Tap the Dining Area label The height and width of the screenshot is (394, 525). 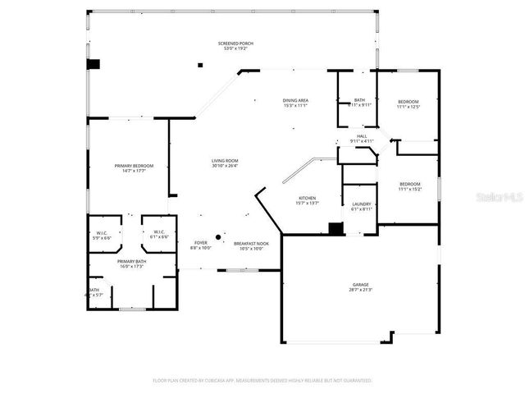click(295, 103)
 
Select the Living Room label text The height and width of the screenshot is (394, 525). click(225, 163)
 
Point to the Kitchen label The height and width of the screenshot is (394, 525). click(308, 200)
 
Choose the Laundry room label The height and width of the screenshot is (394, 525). click(362, 206)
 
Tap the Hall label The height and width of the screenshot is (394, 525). click(361, 139)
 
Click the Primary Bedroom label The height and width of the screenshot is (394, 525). click(134, 167)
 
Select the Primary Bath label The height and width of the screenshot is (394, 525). click(132, 263)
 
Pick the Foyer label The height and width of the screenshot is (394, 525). click(201, 245)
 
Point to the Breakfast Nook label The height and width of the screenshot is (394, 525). click(251, 245)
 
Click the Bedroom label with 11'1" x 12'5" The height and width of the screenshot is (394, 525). click(409, 104)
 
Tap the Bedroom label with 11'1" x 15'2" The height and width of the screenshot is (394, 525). click(409, 186)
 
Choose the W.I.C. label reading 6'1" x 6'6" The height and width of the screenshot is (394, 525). click(160, 235)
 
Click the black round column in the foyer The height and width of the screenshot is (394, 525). click(217, 238)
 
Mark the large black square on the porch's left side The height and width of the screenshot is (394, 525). click(94, 64)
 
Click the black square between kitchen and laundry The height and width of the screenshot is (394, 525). click(334, 229)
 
